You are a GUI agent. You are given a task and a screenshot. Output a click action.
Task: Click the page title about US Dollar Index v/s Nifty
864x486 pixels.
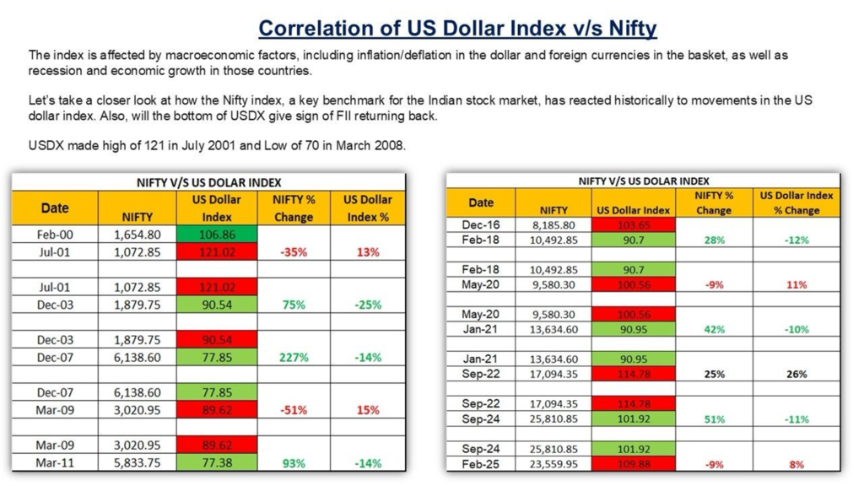(x=456, y=29)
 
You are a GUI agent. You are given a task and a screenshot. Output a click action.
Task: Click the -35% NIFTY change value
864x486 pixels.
(x=293, y=252)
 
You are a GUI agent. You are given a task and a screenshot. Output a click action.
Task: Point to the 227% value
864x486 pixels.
(x=293, y=358)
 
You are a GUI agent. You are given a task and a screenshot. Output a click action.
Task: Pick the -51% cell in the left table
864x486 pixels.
(x=293, y=410)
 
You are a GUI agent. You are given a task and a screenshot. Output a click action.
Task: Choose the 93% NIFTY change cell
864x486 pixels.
(x=293, y=462)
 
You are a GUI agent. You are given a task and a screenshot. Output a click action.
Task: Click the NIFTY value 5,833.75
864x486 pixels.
(x=138, y=462)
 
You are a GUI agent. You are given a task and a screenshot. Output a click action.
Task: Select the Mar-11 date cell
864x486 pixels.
(x=55, y=462)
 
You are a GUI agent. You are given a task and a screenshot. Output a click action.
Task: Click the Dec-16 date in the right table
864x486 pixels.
(x=480, y=224)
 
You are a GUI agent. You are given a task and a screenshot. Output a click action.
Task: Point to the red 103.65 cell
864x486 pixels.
(x=633, y=224)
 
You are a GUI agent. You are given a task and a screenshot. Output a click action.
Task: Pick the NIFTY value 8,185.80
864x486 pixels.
(x=553, y=225)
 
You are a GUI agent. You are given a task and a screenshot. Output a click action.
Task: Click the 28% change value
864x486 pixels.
(x=713, y=240)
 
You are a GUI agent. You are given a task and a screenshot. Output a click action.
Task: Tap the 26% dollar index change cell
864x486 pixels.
(x=796, y=374)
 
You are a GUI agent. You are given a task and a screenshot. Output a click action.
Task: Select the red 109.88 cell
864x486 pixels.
(x=633, y=464)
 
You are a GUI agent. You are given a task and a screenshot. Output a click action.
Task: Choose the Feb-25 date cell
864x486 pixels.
(x=480, y=464)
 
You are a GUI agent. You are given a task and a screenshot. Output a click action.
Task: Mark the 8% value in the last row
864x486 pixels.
(x=796, y=464)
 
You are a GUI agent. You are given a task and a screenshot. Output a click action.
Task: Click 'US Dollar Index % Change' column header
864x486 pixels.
(x=796, y=202)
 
